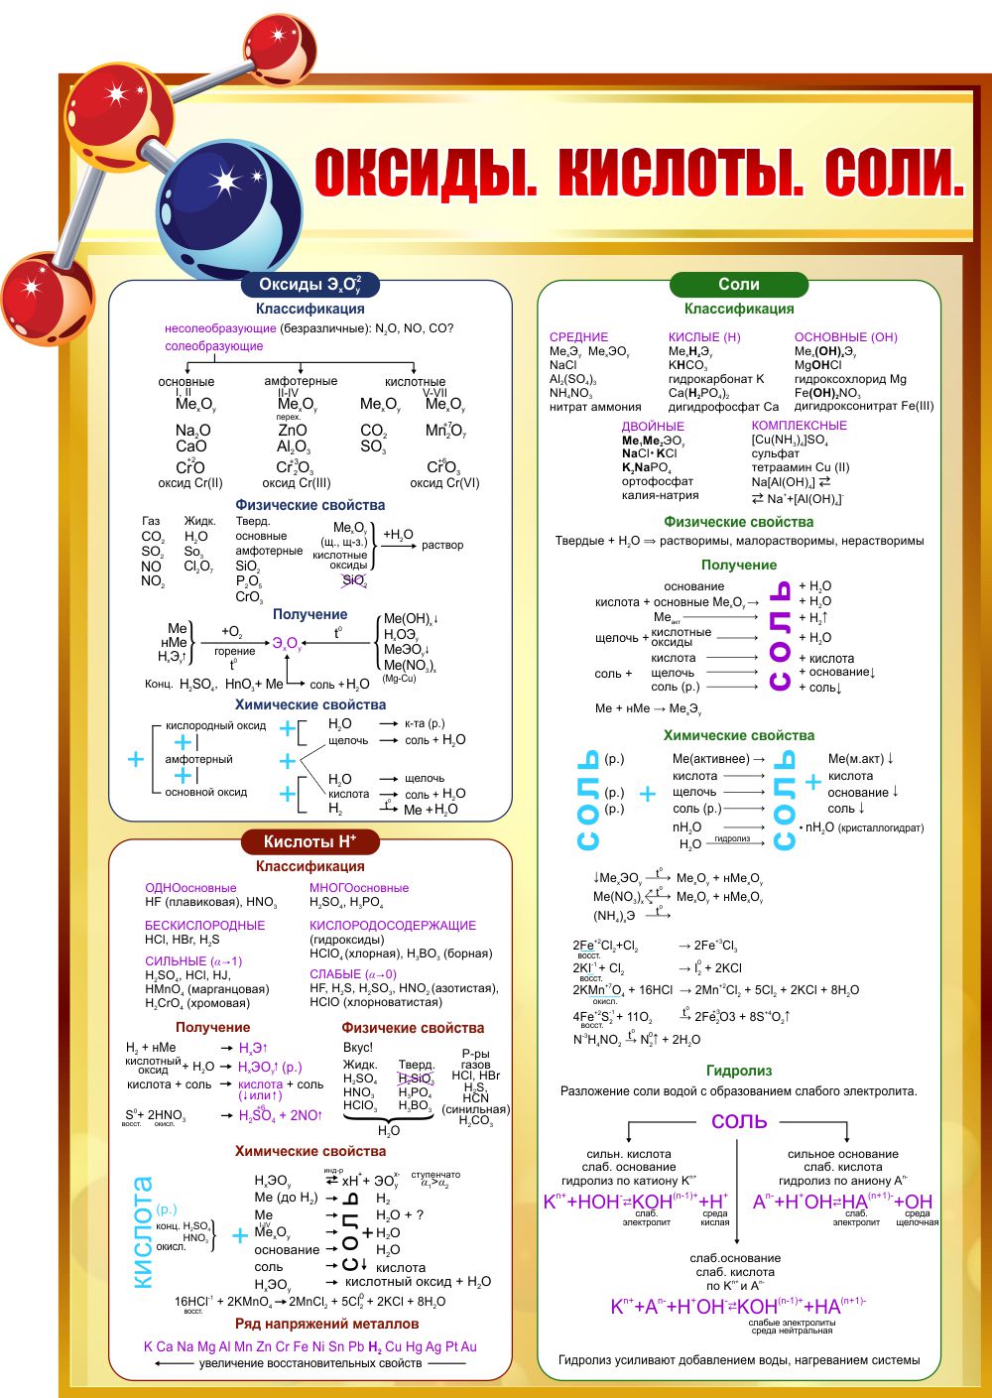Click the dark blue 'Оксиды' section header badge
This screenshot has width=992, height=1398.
coord(310,285)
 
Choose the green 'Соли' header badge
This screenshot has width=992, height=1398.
coord(739,285)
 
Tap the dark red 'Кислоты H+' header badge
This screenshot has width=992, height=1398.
coord(310,841)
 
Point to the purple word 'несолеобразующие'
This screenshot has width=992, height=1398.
coord(220,328)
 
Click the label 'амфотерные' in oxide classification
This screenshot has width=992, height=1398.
coord(301,381)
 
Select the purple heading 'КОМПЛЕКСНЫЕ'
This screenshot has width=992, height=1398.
coord(799,426)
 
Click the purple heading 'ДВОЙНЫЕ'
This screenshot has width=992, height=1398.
coord(653,427)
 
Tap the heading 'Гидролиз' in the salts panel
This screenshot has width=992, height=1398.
coord(739,1071)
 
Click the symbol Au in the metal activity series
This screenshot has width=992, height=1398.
coord(468,1346)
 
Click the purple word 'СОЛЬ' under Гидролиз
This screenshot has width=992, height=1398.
coord(739,1121)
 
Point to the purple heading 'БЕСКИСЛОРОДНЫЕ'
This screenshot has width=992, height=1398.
coord(205,925)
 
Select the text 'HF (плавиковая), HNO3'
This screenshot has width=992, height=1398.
coord(210,902)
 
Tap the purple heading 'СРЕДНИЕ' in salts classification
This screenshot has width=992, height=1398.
coord(578,337)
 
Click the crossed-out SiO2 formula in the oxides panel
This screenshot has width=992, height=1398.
coord(353,580)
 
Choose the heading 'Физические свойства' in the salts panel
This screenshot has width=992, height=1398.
coord(739,522)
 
